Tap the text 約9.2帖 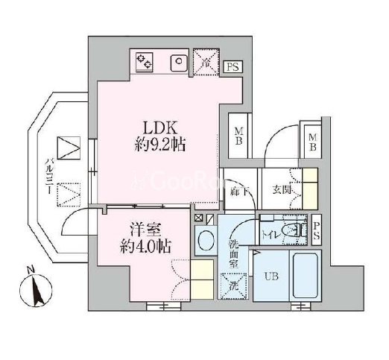click(x=159, y=145)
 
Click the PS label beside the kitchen click(x=233, y=67)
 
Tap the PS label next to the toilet click(x=317, y=229)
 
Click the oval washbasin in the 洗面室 click(x=205, y=241)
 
